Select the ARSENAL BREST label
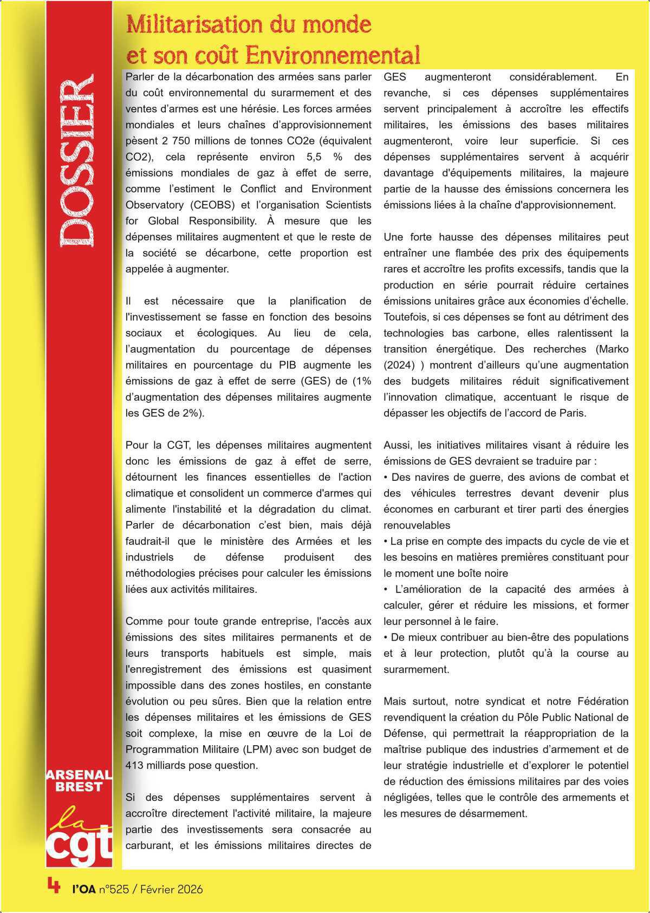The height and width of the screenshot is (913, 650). (x=80, y=781)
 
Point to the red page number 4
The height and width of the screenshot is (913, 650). (x=53, y=885)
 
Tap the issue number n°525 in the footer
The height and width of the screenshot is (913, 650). (x=113, y=889)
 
